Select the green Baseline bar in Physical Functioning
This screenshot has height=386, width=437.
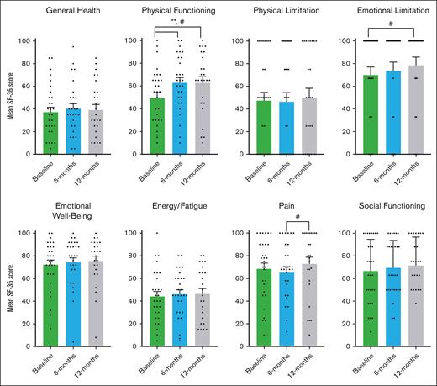coord(155,126)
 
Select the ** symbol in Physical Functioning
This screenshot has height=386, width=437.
coord(172,26)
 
